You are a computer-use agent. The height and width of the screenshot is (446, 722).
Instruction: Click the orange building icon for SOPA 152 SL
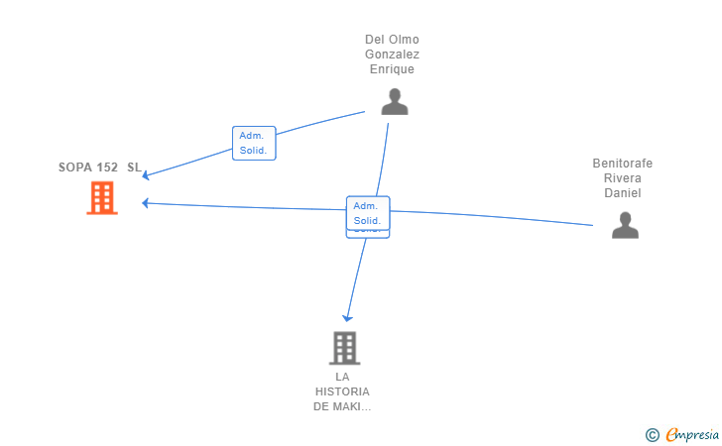[x=101, y=198]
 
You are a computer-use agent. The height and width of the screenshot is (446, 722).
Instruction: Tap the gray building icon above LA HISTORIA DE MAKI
[x=343, y=348]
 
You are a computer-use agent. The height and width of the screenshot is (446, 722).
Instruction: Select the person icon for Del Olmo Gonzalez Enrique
[x=394, y=102]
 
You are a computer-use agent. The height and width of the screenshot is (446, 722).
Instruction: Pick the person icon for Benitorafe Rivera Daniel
[x=624, y=226]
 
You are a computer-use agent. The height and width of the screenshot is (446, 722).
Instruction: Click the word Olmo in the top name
[x=405, y=40]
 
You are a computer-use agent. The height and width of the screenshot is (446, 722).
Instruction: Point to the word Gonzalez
[x=392, y=55]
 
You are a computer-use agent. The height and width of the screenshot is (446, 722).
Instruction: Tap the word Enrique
[x=392, y=69]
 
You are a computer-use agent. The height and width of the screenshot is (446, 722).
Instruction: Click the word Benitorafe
[x=623, y=164]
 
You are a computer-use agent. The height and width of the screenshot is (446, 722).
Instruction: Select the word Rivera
[x=623, y=178]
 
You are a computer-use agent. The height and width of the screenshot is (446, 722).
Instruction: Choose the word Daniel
[x=623, y=193]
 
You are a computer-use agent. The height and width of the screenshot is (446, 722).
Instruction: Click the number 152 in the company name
[x=107, y=167]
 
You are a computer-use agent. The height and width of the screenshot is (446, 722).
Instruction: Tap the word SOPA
[x=74, y=167]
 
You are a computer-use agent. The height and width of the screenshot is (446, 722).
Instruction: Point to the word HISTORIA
[x=342, y=391]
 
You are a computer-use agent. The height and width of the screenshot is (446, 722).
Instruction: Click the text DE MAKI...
[x=342, y=406]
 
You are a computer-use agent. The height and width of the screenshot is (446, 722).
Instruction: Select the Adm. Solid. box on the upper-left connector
[x=253, y=144]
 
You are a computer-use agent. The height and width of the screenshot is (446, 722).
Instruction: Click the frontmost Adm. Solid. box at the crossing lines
[x=367, y=213]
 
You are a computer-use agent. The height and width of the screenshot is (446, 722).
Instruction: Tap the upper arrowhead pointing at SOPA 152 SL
[x=146, y=175]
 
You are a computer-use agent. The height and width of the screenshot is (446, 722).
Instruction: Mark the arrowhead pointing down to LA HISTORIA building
[x=347, y=317]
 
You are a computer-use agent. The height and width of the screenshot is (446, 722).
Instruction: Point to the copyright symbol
[x=652, y=434]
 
